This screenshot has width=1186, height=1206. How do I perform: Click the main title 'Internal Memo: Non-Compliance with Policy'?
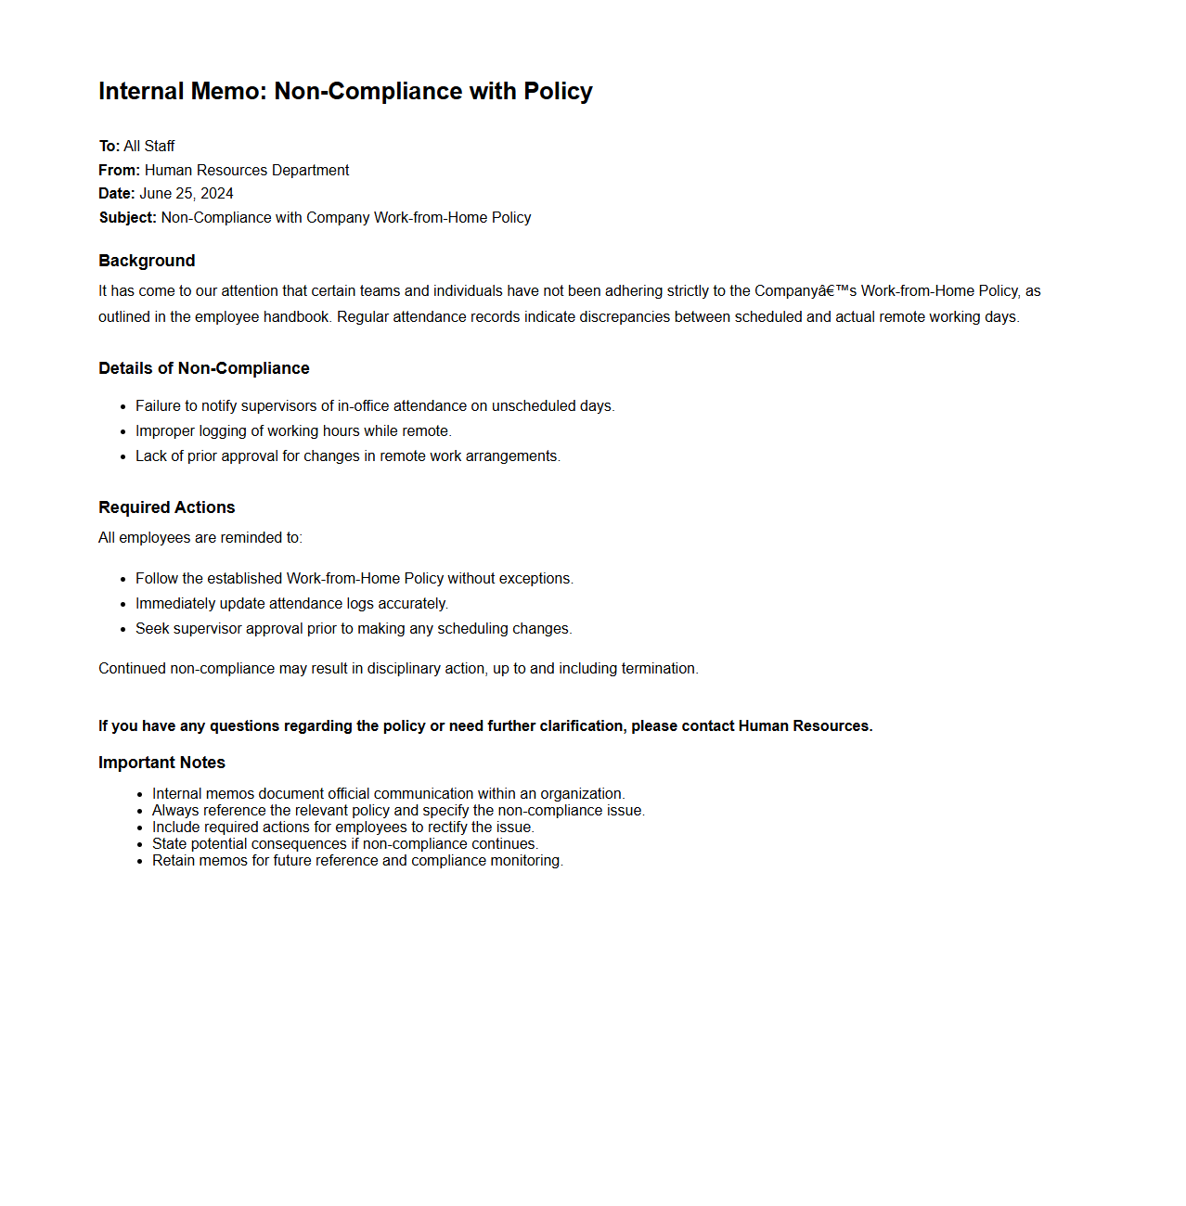point(345,91)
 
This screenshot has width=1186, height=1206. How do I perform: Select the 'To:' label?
point(110,147)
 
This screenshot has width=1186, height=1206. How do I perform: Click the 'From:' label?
point(120,171)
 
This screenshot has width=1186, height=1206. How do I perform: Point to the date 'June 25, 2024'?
point(187,194)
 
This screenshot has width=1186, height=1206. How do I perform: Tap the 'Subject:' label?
point(128,218)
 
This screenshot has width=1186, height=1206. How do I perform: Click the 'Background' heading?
point(147,261)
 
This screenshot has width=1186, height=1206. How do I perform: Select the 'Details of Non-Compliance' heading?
point(204,368)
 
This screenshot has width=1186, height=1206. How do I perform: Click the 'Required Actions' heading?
point(167,507)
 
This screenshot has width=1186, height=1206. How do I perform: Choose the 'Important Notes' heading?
point(162,763)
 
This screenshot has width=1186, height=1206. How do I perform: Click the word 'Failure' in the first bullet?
point(158,406)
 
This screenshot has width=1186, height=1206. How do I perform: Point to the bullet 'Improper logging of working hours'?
point(293,431)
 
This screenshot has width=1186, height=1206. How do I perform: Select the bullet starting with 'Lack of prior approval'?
point(348,456)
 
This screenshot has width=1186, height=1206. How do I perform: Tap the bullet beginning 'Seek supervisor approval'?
point(354,629)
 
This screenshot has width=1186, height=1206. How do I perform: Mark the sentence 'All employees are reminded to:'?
point(200,538)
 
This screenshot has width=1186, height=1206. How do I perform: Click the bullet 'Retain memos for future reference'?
point(357,861)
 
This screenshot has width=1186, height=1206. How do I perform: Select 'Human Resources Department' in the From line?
point(247,171)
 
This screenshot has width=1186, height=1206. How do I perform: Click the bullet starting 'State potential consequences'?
point(345,844)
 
